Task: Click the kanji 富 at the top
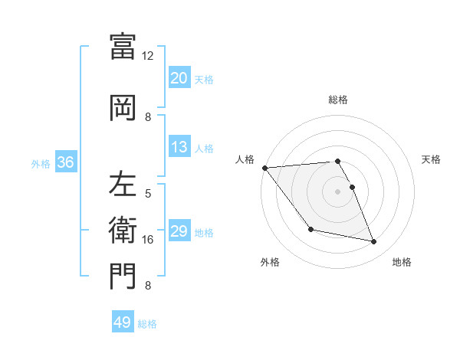(x=123, y=45)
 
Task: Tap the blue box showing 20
(x=179, y=78)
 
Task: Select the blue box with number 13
(x=179, y=147)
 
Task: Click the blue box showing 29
(x=179, y=231)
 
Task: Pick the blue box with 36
(x=65, y=162)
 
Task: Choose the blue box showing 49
(x=123, y=322)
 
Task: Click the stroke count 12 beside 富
(x=148, y=56)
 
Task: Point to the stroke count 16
(x=148, y=240)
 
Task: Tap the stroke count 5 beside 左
(x=148, y=194)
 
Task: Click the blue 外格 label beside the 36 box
(x=41, y=163)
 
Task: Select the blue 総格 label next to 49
(x=147, y=323)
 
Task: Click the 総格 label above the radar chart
(x=338, y=100)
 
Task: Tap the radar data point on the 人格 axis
(x=265, y=168)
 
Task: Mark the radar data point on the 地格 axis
(x=374, y=242)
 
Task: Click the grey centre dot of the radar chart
(x=338, y=191)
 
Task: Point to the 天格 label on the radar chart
(x=432, y=159)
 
